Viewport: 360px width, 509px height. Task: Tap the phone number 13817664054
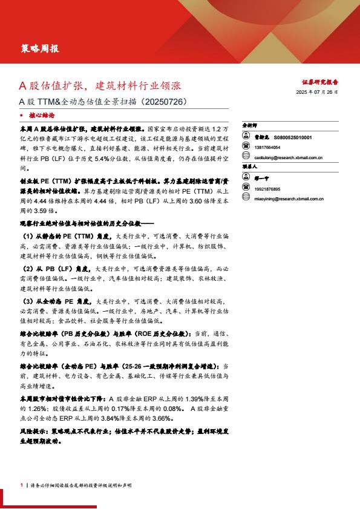tap(267, 147)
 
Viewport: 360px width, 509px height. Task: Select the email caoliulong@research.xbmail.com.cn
tap(288, 157)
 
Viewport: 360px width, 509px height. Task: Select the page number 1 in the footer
tap(21, 485)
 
